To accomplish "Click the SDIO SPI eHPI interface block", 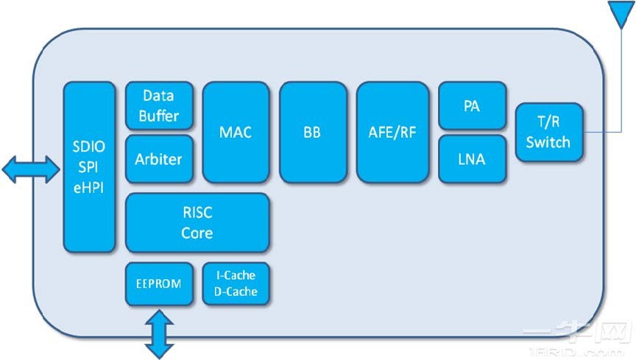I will pyautogui.click(x=89, y=168).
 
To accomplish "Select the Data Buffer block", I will pyautogui.click(x=158, y=105).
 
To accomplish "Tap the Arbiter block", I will pyautogui.click(x=158, y=158).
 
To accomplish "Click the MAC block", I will pyautogui.click(x=236, y=133).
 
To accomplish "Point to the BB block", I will pyautogui.click(x=312, y=133).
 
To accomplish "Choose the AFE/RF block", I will pyautogui.click(x=392, y=133).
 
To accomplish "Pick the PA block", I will pyautogui.click(x=472, y=106).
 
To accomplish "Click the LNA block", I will pyautogui.click(x=472, y=158).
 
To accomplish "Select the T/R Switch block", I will pyautogui.click(x=548, y=133).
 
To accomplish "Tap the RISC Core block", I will pyautogui.click(x=197, y=223).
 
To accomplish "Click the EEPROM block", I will pyautogui.click(x=159, y=283).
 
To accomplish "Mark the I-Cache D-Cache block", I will pyautogui.click(x=236, y=283).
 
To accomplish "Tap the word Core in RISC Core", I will pyautogui.click(x=197, y=233).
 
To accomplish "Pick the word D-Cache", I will pyautogui.click(x=236, y=292).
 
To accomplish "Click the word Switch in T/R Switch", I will pyautogui.click(x=548, y=141).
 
